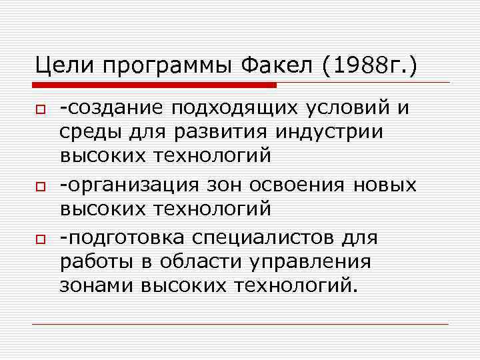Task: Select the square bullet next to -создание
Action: [x=40, y=107]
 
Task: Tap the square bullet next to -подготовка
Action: [x=40, y=238]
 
